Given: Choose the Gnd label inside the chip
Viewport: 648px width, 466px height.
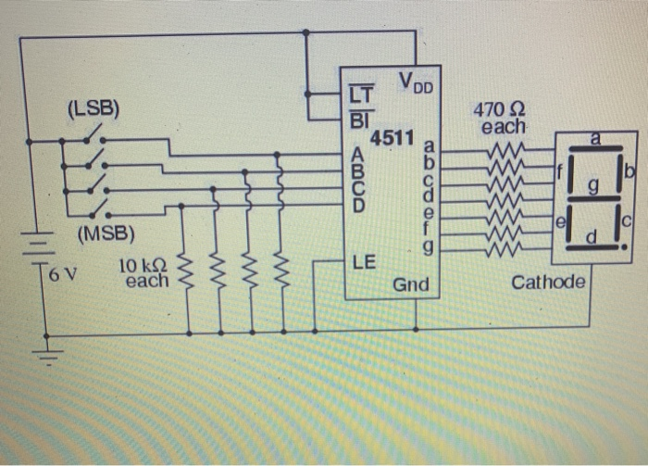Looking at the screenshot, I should [410, 284].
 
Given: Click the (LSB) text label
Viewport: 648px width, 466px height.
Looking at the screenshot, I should [93, 108].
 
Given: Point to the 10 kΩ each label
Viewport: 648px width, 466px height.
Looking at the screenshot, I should [144, 273].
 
